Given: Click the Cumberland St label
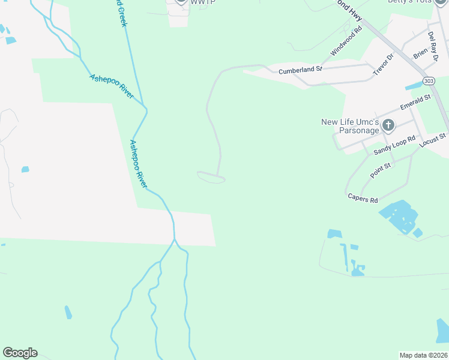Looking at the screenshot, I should [x=300, y=70].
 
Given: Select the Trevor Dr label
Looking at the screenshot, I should [x=382, y=65].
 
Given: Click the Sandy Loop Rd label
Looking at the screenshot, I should [x=394, y=146].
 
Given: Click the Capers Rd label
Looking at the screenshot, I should [x=363, y=198].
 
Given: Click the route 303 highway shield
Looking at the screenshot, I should [x=429, y=81].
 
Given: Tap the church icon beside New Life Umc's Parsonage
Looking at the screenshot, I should [x=388, y=125].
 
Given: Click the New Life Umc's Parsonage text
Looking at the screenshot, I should [x=351, y=126].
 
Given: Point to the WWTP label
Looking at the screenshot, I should [x=203, y=2].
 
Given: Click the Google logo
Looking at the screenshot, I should [x=20, y=353].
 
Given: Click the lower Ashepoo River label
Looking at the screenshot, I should [x=139, y=163].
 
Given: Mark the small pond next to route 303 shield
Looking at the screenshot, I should [x=413, y=86].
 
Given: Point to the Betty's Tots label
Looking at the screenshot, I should [x=414, y=2].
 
